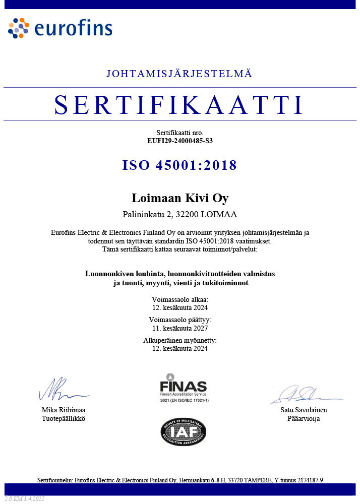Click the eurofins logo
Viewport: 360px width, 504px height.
point(60,28)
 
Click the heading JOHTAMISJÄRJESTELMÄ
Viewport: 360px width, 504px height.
point(179,74)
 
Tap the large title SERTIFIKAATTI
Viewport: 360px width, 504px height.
point(179,104)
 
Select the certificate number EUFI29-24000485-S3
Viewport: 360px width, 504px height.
point(179,141)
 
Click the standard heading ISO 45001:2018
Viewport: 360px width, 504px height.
point(179,165)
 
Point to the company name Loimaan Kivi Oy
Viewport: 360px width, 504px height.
point(179,198)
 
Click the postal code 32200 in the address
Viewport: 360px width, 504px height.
point(185,214)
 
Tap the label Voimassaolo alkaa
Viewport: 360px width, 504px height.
point(179,299)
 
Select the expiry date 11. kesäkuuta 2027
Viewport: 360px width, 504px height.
point(179,328)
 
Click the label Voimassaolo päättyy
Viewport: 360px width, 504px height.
point(179,320)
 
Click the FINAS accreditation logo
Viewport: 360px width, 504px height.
point(183,388)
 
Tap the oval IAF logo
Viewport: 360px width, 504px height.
point(183,432)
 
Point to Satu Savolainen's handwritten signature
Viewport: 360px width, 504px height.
point(303,394)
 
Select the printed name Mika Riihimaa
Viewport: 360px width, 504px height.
point(63,410)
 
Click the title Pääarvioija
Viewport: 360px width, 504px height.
point(304,419)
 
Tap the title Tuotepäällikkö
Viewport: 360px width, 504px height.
point(63,419)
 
